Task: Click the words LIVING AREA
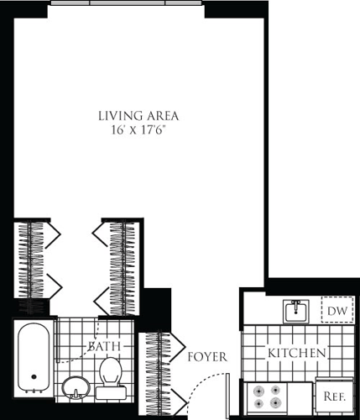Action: pos(138,116)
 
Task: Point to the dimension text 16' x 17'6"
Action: pos(138,131)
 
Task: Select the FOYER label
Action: pos(207,356)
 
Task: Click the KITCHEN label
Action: pos(296,354)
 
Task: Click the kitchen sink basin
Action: pos(295,312)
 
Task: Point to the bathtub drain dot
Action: pos(34,377)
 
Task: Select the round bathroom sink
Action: pos(76,387)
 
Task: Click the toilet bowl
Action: pos(109,370)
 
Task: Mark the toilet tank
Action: pos(109,391)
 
